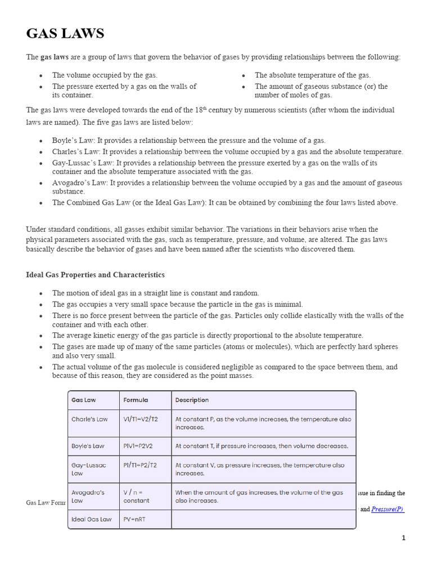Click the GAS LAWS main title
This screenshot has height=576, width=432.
pos(65,34)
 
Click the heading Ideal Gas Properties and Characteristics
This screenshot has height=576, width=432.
pos(95,274)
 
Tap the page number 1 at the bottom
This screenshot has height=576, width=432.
pos(403,538)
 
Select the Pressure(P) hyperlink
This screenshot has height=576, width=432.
pos(388,509)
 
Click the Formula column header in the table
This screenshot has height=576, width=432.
pos(136,400)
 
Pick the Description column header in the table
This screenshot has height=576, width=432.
pos(192,400)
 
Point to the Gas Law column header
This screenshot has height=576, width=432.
pos(84,400)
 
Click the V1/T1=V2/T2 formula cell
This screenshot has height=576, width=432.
pos(141,419)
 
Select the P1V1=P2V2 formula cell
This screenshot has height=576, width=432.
pos(138,446)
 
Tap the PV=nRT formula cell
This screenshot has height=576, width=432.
pos(134,519)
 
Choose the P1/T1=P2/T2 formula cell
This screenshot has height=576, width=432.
pos(140,465)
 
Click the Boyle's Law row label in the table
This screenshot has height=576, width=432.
pos(88,446)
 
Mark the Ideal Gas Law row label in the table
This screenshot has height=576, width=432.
pos(92,519)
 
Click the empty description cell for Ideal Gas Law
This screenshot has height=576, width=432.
pos(263,519)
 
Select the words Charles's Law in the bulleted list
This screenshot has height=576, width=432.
pos(75,152)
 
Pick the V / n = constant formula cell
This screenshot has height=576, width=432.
pos(136,496)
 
